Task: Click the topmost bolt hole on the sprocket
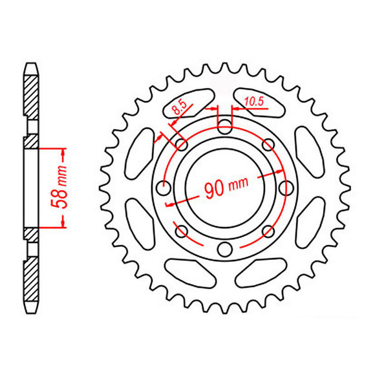(x=224, y=126)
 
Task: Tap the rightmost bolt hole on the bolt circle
(x=284, y=188)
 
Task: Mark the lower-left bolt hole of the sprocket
(x=180, y=231)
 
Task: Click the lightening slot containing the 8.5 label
(x=187, y=102)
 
